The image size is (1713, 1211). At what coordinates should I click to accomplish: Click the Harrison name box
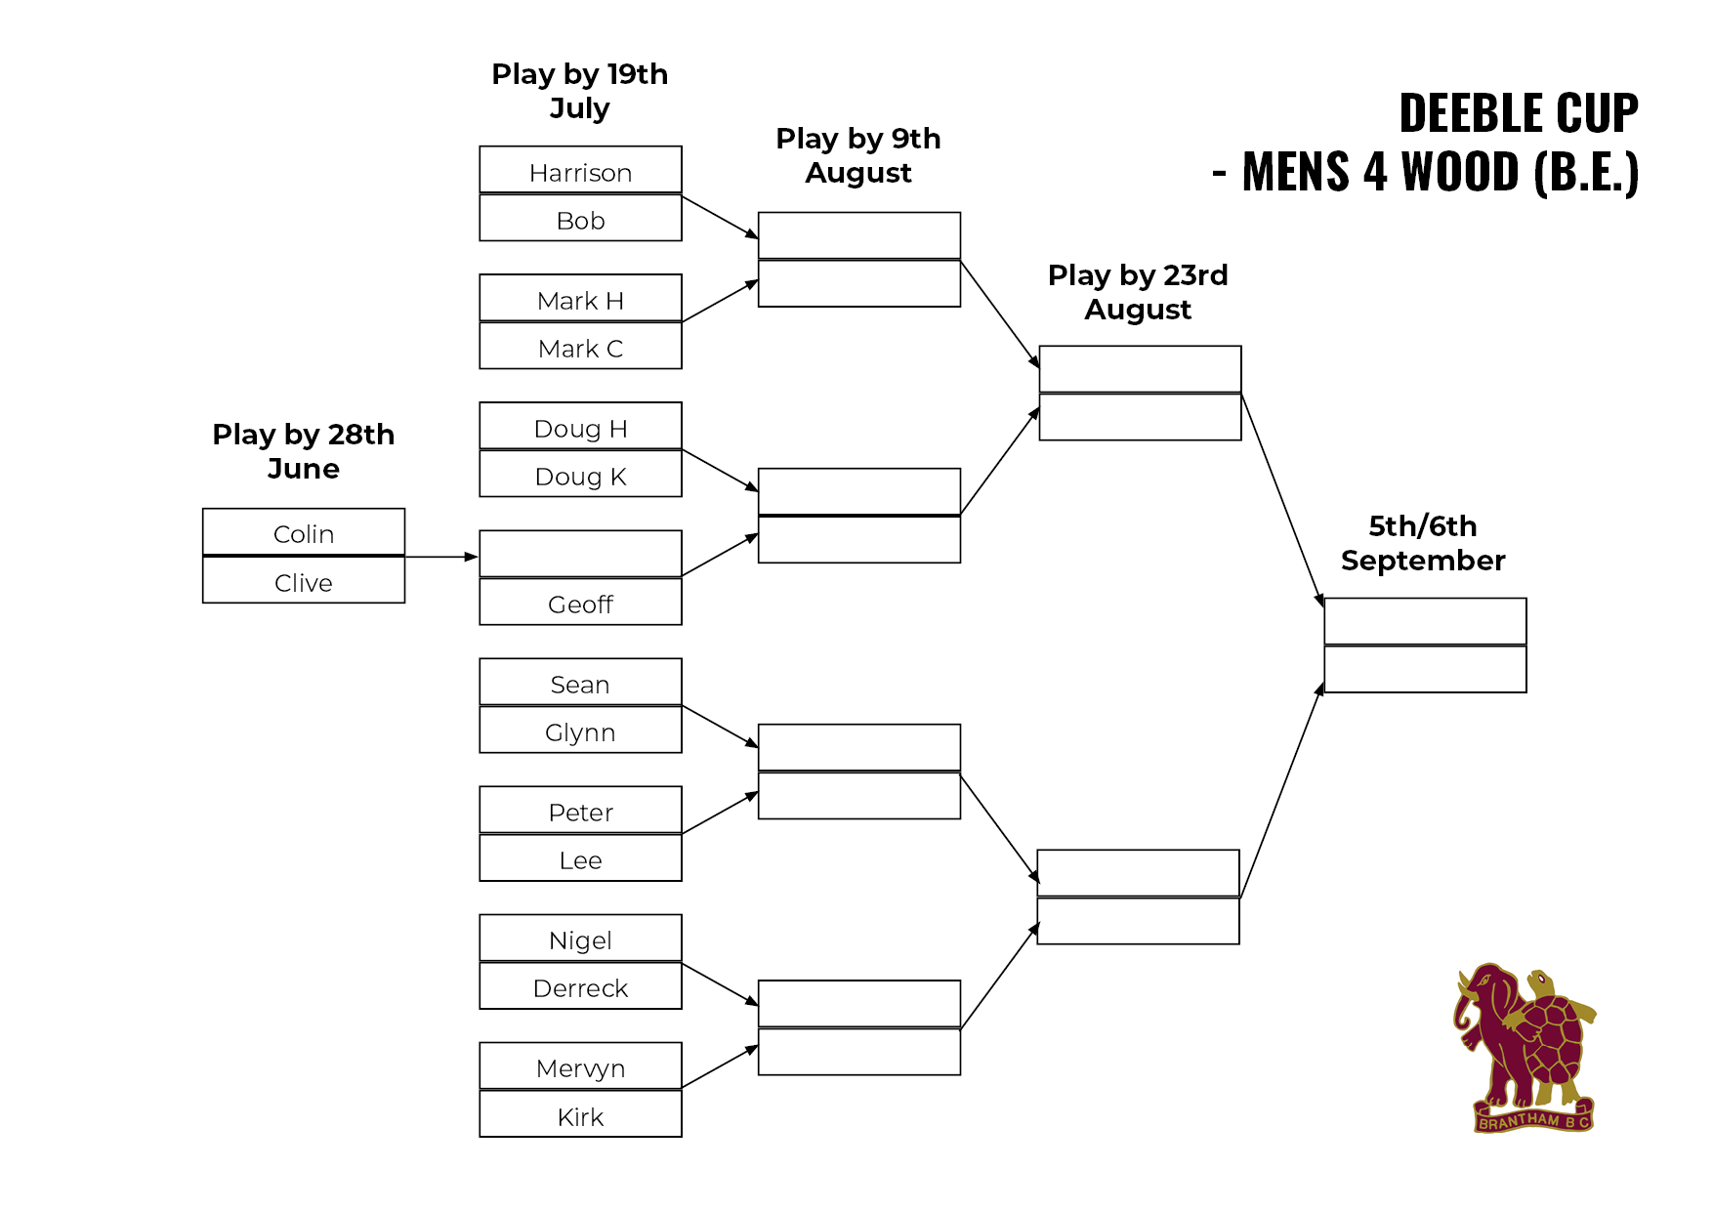580,170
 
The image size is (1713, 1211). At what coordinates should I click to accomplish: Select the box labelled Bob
580,218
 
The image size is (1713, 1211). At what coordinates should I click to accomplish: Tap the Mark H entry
580,298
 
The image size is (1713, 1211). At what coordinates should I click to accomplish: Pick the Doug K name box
580,474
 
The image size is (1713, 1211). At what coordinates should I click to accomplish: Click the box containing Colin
304,532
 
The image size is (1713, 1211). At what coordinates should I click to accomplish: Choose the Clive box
304,580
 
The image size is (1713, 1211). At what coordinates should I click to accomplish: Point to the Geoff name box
580,602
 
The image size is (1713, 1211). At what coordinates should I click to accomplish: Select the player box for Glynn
580,730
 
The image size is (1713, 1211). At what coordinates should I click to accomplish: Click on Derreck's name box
580,985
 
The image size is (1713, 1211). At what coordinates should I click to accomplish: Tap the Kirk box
580,1113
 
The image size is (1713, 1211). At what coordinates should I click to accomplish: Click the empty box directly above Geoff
580,554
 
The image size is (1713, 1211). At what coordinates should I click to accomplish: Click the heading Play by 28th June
304,451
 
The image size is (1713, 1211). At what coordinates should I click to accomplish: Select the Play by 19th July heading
580,91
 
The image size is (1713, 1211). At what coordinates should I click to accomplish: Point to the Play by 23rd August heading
1138,292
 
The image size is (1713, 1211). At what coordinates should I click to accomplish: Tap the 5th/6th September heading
1423,543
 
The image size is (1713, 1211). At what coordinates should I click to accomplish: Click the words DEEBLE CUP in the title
1519,112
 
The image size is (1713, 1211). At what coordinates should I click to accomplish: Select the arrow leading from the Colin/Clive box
441,557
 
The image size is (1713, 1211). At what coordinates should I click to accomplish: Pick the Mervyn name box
580,1065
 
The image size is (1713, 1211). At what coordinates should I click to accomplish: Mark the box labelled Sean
580,682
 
